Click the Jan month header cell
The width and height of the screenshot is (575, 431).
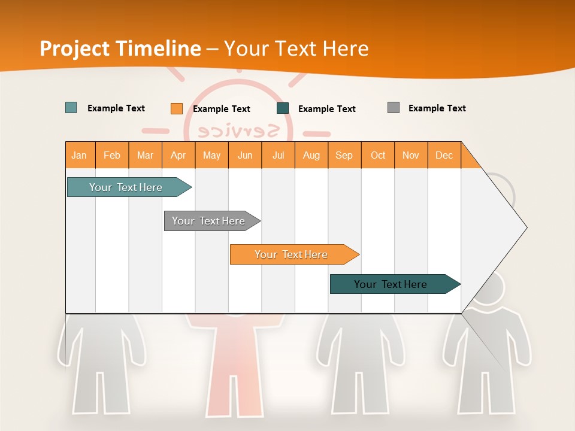click(x=80, y=155)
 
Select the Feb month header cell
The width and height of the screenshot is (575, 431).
click(x=112, y=155)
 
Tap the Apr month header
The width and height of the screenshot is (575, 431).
click(x=178, y=155)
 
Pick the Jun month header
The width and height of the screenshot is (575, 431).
click(x=245, y=155)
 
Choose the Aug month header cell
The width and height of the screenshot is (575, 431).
click(x=311, y=155)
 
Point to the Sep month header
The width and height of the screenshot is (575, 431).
click(x=344, y=155)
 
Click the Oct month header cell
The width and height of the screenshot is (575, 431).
click(x=378, y=155)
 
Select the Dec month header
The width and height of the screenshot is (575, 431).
click(x=444, y=155)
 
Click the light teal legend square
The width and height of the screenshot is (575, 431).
click(x=71, y=108)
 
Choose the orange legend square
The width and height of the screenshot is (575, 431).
click(x=177, y=108)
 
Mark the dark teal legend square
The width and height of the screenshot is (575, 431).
click(x=283, y=108)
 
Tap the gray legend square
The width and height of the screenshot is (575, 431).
click(x=394, y=108)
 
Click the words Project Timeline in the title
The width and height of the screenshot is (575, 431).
click(x=120, y=48)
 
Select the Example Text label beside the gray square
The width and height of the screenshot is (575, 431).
click(x=437, y=108)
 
